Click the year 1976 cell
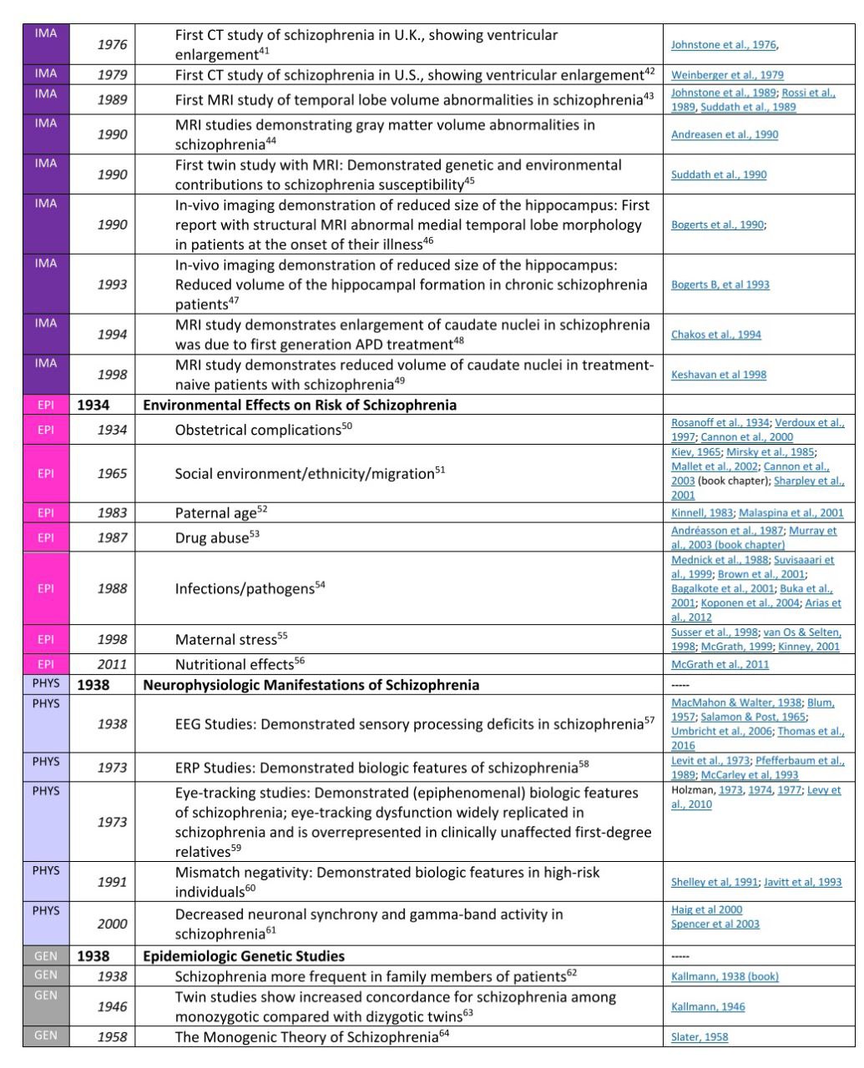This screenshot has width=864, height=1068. click(x=113, y=45)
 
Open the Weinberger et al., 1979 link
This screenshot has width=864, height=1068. click(x=727, y=75)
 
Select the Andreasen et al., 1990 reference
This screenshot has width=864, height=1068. click(x=724, y=134)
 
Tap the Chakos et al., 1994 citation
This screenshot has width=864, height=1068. click(x=715, y=335)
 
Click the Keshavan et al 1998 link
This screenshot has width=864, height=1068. click(x=718, y=375)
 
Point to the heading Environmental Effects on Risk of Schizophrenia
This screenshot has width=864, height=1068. click(x=300, y=406)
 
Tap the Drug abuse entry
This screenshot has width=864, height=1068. click(x=212, y=538)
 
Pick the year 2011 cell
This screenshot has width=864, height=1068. click(x=113, y=664)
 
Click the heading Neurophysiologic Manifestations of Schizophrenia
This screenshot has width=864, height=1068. click(x=311, y=685)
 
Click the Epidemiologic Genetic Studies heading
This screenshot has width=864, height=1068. click(x=244, y=956)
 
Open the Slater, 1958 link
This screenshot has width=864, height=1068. click(x=699, y=1037)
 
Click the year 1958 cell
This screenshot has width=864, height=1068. click(x=113, y=1037)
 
